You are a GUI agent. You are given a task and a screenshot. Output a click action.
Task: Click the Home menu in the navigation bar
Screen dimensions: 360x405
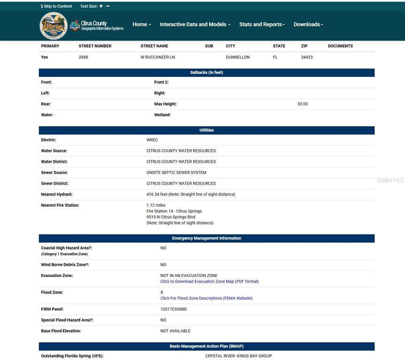click(141, 24)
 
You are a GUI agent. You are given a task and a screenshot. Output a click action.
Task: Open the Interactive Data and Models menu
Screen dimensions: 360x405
click(195, 24)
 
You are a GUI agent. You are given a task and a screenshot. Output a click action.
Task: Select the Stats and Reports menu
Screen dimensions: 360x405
click(262, 24)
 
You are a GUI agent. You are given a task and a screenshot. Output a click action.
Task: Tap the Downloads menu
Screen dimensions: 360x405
click(308, 24)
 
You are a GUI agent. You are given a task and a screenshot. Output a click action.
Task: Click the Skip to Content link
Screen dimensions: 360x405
click(56, 6)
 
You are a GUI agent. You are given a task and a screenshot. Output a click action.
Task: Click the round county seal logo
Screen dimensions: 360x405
click(53, 26)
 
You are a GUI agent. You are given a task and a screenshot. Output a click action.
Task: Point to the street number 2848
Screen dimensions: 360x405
click(84, 57)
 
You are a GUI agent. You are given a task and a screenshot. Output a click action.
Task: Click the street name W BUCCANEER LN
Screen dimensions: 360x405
click(158, 57)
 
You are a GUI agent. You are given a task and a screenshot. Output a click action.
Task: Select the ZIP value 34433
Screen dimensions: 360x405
click(307, 57)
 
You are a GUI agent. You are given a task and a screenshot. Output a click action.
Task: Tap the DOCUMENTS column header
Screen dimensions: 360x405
click(340, 46)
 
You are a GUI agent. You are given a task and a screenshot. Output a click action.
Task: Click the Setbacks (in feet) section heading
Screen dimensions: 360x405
click(206, 73)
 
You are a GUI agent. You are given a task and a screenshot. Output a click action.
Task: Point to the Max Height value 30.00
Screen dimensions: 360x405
click(303, 104)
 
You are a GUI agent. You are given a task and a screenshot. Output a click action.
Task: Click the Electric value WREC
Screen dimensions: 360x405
click(152, 140)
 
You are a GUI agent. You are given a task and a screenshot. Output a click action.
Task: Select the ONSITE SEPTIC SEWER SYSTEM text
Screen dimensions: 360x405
click(176, 172)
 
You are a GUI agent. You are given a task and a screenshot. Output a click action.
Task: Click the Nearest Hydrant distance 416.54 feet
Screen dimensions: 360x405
click(191, 194)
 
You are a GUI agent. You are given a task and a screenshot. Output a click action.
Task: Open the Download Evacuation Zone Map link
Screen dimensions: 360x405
click(209, 282)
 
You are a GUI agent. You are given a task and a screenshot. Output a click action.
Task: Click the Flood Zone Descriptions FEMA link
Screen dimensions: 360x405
click(206, 298)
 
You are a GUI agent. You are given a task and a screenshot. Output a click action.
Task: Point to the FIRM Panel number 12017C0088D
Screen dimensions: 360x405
click(174, 309)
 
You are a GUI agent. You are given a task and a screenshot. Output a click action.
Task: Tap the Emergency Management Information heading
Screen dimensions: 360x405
click(206, 238)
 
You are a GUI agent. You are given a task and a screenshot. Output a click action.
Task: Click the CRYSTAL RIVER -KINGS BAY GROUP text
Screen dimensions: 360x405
click(238, 356)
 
